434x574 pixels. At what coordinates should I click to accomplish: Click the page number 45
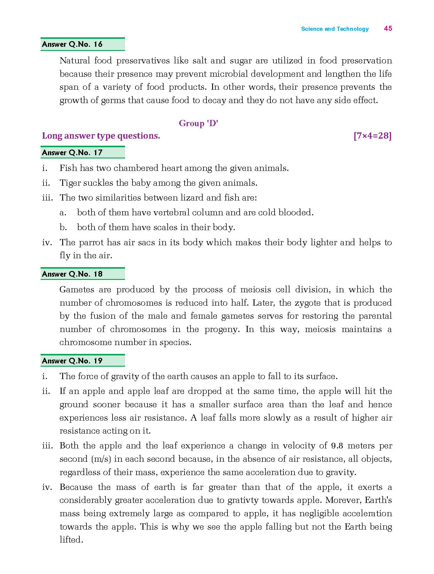coord(388,28)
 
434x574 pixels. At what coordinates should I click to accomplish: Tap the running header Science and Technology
coord(335,29)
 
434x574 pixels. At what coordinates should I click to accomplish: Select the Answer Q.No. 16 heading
coord(72,44)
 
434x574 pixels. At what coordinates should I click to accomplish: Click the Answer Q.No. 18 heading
coord(72,274)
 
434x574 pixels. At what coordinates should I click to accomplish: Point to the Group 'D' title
coord(198,123)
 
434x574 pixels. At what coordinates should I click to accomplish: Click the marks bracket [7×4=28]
coord(372,136)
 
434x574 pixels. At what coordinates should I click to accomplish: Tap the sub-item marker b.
coord(63,227)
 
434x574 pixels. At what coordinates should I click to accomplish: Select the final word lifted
coord(71,540)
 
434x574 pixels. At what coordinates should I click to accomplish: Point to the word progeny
coord(222,329)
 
